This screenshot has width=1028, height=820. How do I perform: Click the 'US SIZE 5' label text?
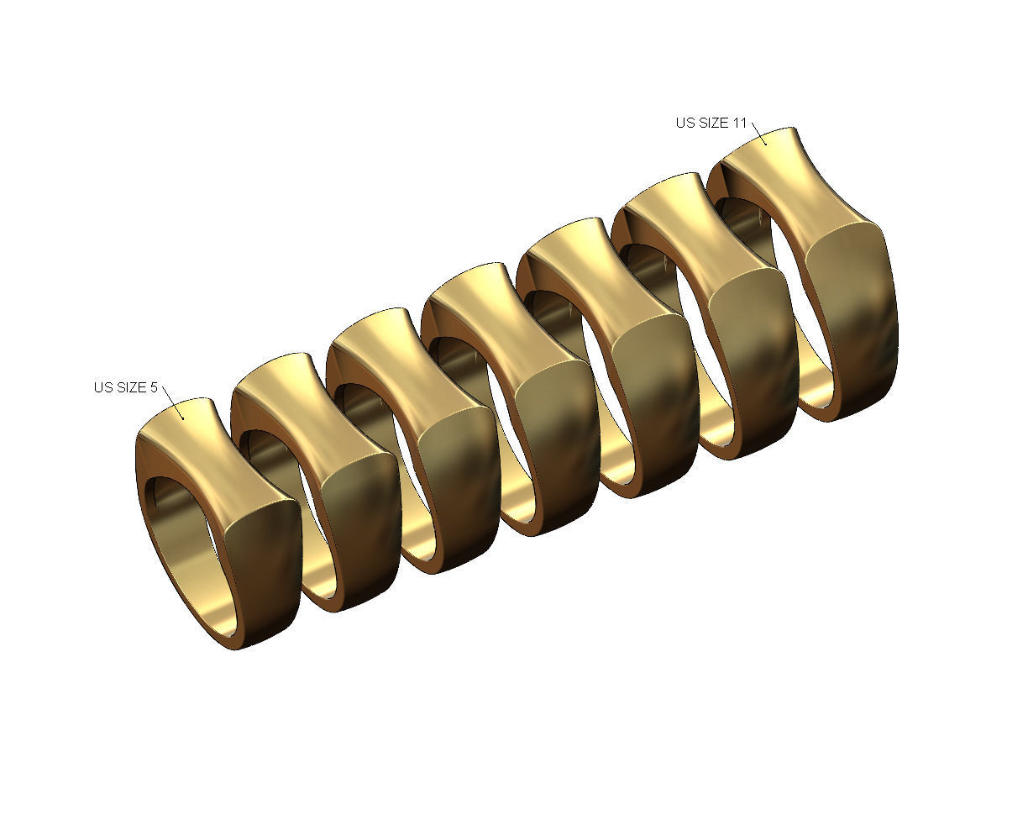pos(125,387)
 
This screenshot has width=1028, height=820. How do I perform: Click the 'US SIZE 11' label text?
pos(711,123)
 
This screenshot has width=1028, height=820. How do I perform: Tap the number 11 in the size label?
pos(739,123)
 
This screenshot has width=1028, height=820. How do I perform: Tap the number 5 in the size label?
pos(154,387)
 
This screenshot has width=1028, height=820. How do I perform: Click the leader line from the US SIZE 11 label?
pos(758,134)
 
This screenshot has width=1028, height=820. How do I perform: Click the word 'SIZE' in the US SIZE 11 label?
pos(714,123)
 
